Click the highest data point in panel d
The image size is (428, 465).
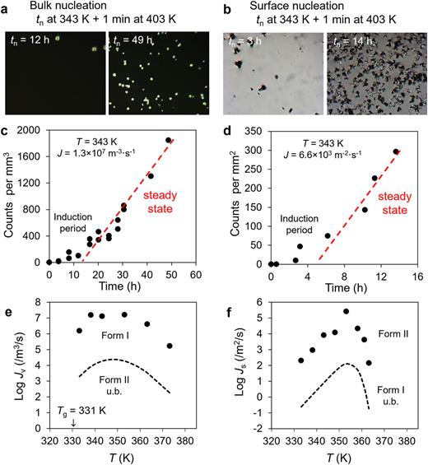click(x=396, y=151)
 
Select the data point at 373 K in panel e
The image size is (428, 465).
click(x=169, y=346)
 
